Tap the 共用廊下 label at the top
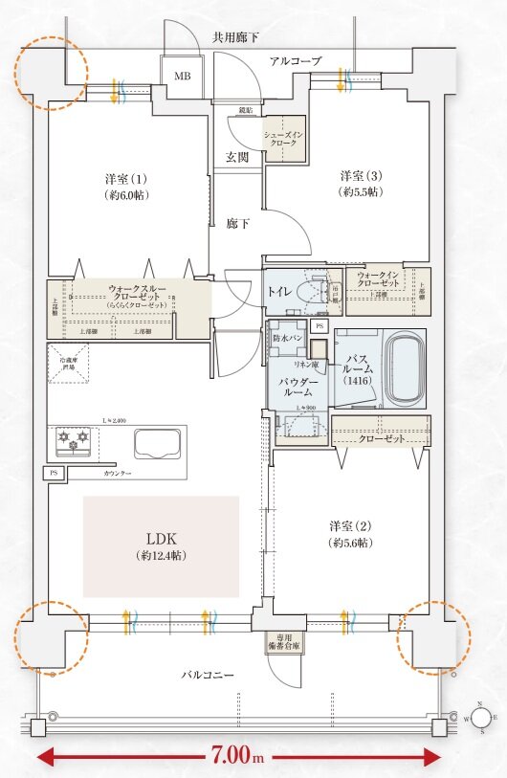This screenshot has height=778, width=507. click(x=237, y=37)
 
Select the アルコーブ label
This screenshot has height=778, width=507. click(x=296, y=60)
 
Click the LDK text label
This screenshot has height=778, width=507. click(x=160, y=539)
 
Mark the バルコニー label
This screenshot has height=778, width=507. click(x=208, y=675)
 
